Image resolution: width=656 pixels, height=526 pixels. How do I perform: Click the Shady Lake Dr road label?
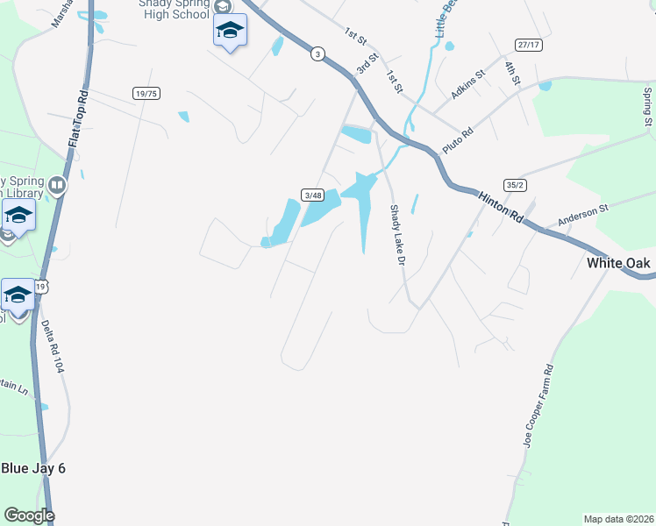pyautogui.click(x=397, y=236)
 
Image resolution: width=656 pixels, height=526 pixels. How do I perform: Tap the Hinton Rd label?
pyautogui.click(x=501, y=209)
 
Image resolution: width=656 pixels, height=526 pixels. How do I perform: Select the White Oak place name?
pyautogui.click(x=618, y=262)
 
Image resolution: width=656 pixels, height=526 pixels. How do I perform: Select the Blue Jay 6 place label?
pyautogui.click(x=33, y=468)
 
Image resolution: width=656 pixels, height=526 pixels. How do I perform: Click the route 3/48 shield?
pyautogui.click(x=313, y=195)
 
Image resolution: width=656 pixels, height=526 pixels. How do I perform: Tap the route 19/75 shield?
pyautogui.click(x=146, y=93)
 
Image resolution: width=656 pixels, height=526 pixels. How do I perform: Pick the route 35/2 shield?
pyautogui.click(x=515, y=185)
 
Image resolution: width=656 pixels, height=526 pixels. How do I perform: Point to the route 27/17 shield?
pyautogui.click(x=527, y=44)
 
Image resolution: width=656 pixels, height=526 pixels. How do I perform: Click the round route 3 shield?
pyautogui.click(x=317, y=54)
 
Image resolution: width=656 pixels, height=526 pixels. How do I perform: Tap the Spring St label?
pyautogui.click(x=647, y=105)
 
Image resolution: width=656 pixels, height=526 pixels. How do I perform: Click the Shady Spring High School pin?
pyautogui.click(x=230, y=31)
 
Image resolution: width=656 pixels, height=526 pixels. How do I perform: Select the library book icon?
pyautogui.click(x=57, y=185)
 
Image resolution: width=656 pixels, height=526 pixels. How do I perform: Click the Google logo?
pyautogui.click(x=29, y=515)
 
